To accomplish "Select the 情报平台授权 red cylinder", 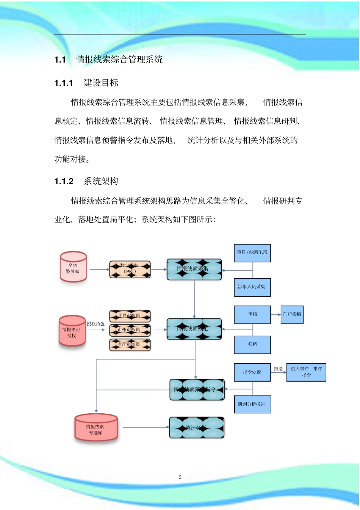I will tap(72, 331).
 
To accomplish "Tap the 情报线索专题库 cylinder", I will tap(96, 428).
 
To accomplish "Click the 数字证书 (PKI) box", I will tap(130, 269).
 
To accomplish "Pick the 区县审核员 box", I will tap(130, 315).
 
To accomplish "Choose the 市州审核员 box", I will tap(130, 330).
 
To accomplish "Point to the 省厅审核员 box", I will tap(130, 344).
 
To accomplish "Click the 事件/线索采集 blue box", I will tap(252, 253).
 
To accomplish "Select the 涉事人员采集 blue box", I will tap(252, 287).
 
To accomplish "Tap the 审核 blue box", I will tap(252, 314).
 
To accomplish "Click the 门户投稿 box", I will tap(292, 314).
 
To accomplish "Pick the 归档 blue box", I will tap(252, 345).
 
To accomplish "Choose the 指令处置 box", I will tap(252, 372).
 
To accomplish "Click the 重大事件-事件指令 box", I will tap(306, 372).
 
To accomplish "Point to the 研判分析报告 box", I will tap(252, 404).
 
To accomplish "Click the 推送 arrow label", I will tap(278, 369).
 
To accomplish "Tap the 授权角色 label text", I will tap(95, 324).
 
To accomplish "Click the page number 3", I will tap(180, 477).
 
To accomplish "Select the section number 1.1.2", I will tap(64, 182).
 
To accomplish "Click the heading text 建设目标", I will tap(101, 83).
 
